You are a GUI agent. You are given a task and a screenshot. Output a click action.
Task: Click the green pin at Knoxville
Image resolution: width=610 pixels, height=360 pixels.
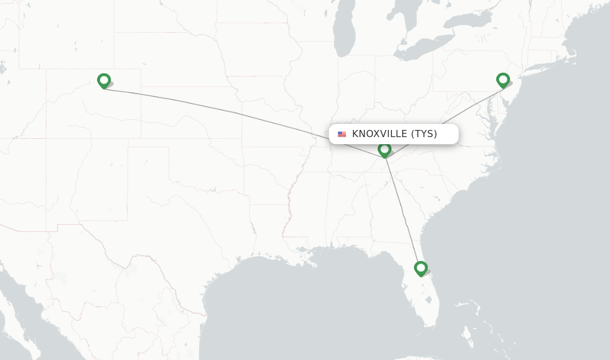pos(385,150)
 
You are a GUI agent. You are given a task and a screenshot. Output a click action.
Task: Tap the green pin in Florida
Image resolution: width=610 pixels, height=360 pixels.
pos(421,268)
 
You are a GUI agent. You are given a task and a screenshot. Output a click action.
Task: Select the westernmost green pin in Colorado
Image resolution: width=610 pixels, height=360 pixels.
pos(104,80)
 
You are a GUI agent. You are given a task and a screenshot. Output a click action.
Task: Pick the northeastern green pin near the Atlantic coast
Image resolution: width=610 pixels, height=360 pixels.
pos(503,80)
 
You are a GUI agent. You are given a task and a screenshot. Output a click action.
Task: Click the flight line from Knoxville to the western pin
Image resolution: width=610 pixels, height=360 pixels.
pos(238,113)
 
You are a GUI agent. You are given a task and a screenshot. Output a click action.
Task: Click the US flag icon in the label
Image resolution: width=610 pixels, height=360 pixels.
pos(342,134)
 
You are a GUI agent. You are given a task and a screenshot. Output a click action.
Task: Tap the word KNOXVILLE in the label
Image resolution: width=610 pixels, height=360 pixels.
pos(379,134)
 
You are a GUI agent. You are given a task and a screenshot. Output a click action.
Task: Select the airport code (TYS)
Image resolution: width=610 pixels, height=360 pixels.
pos(424,134)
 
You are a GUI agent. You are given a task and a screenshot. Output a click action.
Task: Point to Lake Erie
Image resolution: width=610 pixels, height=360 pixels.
pos(417,53)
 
